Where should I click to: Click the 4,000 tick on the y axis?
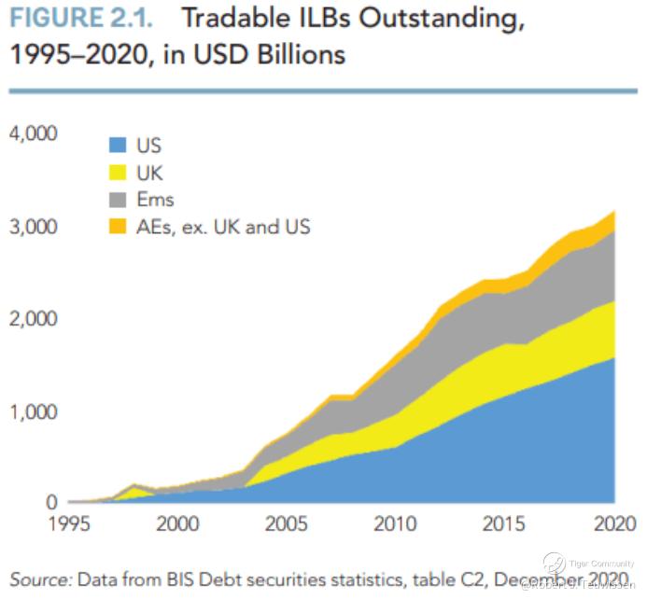click(x=34, y=134)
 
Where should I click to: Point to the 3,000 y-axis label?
click(x=34, y=227)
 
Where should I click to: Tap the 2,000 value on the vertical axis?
click(x=34, y=319)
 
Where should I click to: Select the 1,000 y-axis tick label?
click(x=34, y=411)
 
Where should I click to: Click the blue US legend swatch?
click(x=118, y=146)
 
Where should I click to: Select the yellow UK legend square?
click(x=118, y=173)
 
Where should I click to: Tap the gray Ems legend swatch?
click(x=118, y=199)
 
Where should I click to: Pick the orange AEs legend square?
click(x=118, y=226)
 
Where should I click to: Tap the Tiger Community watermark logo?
click(x=556, y=563)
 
